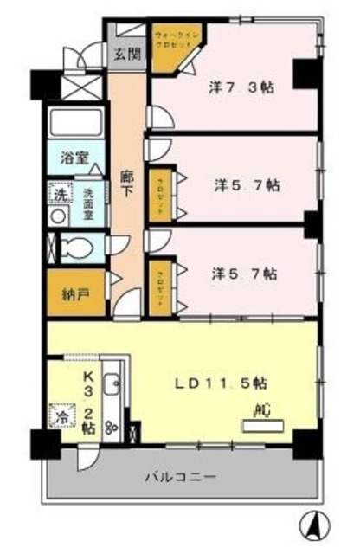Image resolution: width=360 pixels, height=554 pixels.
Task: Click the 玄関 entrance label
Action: (125, 55)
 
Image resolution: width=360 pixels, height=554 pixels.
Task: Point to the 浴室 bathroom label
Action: (72, 158)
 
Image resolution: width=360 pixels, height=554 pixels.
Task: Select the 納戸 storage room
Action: (74, 293)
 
